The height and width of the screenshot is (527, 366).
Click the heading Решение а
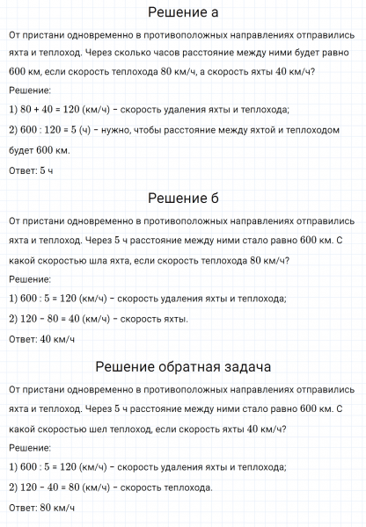click(183, 13)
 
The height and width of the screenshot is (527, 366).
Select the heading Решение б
click(183, 198)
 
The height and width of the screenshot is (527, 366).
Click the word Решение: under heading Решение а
click(29, 90)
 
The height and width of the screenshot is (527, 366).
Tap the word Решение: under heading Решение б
click(29, 279)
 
